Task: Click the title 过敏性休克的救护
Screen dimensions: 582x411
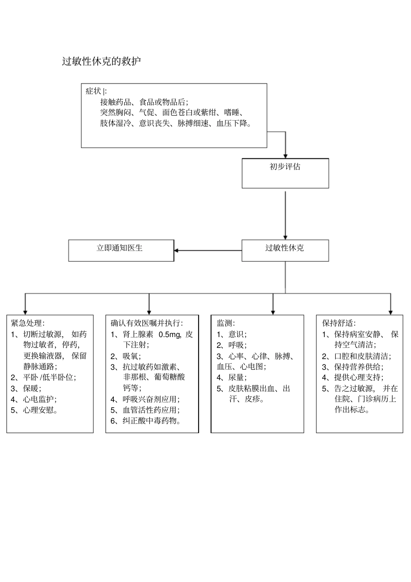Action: pyautogui.click(x=101, y=61)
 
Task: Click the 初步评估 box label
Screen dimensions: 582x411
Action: pyautogui.click(x=285, y=167)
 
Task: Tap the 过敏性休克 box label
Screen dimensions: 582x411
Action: pyautogui.click(x=285, y=248)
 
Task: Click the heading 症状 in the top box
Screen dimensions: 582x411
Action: pyautogui.click(x=93, y=91)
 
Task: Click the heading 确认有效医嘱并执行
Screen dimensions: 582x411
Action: pyautogui.click(x=147, y=323)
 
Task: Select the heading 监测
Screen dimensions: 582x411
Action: pyautogui.click(x=225, y=323)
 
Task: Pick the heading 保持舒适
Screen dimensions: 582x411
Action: pyautogui.click(x=338, y=323)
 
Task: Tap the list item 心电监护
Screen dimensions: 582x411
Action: pyautogui.click(x=39, y=399)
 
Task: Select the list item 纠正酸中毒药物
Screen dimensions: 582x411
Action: pyautogui.click(x=151, y=421)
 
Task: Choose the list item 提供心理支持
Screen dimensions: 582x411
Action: pyautogui.click(x=358, y=377)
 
